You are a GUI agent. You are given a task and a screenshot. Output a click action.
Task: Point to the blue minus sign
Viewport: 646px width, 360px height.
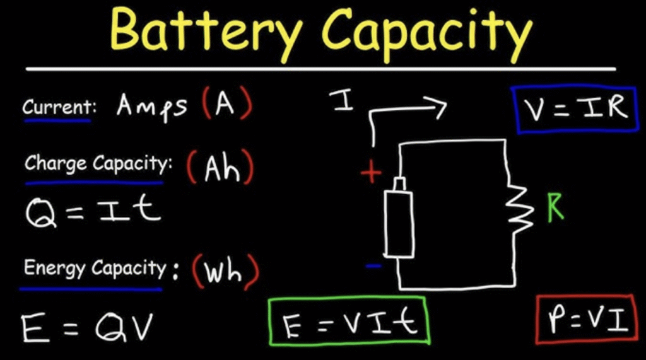(x=373, y=266)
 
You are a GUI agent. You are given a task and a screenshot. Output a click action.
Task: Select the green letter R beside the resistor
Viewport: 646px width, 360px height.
(x=555, y=209)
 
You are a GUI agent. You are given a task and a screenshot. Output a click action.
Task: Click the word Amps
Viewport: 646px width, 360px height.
(x=152, y=107)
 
